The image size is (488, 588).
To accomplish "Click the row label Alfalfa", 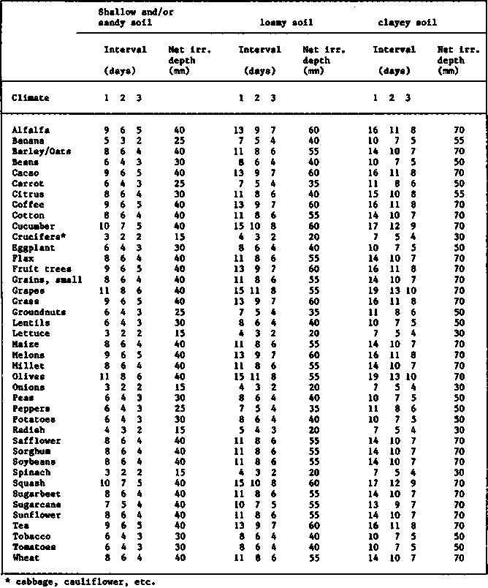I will (x=31, y=130).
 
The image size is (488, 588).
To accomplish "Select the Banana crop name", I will (x=28, y=140).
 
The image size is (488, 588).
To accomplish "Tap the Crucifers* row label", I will (x=36, y=237).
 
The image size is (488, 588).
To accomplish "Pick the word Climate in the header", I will (x=30, y=98).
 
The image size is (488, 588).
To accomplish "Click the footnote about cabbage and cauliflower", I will (x=80, y=582).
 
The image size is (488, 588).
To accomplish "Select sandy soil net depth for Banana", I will (x=179, y=140).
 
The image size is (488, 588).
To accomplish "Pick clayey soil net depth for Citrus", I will (x=459, y=195).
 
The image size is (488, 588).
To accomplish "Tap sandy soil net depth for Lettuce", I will (x=179, y=333).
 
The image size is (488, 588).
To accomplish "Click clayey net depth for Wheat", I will (x=459, y=558).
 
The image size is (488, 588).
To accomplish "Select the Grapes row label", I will (x=28, y=290).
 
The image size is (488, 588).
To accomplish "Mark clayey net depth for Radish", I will (x=459, y=430).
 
